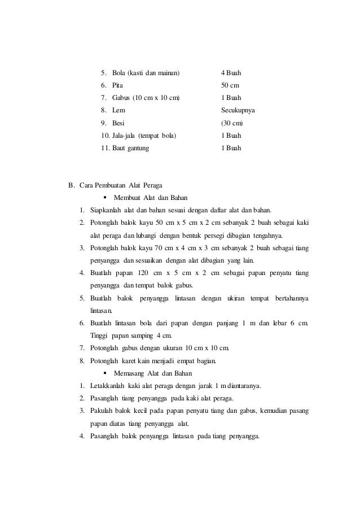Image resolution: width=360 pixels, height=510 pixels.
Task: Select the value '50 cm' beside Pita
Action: click(x=230, y=86)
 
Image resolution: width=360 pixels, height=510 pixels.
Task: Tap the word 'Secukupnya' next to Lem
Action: click(x=238, y=111)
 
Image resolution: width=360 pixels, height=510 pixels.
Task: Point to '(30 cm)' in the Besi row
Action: click(x=232, y=123)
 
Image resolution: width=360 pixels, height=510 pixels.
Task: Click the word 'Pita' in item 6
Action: click(x=118, y=86)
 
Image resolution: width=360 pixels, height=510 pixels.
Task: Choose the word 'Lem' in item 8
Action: click(x=118, y=111)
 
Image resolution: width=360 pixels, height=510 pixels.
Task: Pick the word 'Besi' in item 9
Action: click(x=118, y=123)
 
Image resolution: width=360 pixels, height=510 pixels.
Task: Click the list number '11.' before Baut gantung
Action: click(x=104, y=148)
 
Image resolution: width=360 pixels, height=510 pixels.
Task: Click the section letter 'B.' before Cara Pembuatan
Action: click(x=71, y=185)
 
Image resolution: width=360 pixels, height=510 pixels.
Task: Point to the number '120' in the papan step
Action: click(x=156, y=273)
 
